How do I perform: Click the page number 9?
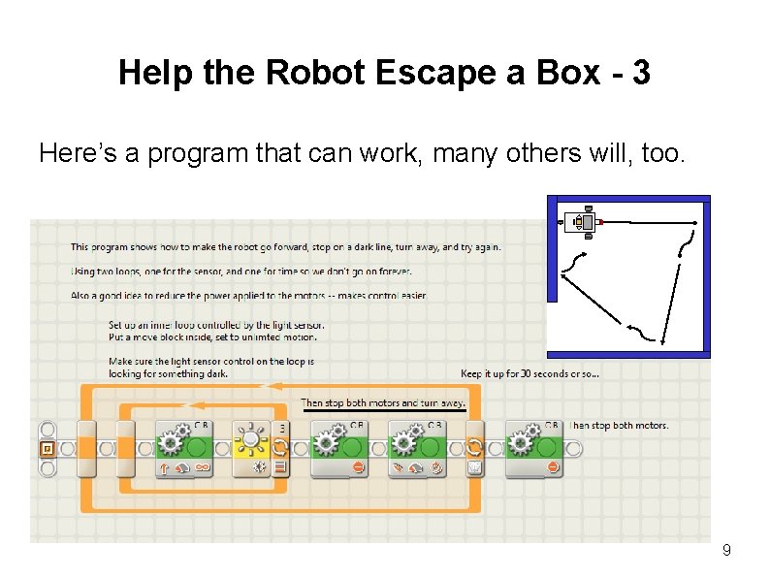(726, 551)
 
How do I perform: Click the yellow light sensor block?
(252, 448)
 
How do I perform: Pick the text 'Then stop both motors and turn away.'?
(383, 402)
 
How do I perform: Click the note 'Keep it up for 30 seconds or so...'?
(529, 373)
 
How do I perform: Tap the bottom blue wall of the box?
(628, 354)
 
